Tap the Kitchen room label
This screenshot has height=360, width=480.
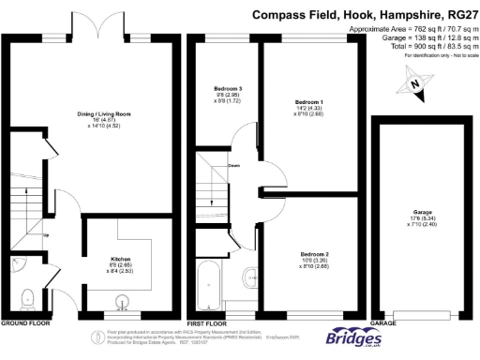click(119, 258)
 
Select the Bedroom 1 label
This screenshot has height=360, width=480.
click(308, 100)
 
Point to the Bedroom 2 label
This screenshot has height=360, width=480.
click(313, 254)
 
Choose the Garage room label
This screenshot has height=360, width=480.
click(424, 213)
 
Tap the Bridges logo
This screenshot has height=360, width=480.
click(353, 336)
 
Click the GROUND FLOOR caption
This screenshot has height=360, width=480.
click(24, 322)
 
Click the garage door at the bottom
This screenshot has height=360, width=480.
click(427, 313)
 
